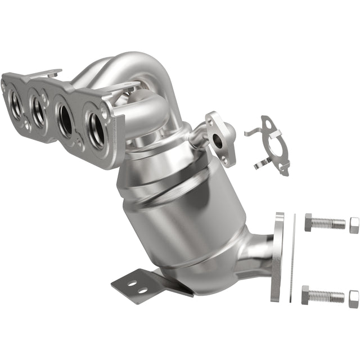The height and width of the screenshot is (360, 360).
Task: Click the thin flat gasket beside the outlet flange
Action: [x=292, y=257]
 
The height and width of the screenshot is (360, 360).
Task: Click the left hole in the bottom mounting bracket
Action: [x=130, y=283]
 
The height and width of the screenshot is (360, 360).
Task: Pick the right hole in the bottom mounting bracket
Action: [x=142, y=290]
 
